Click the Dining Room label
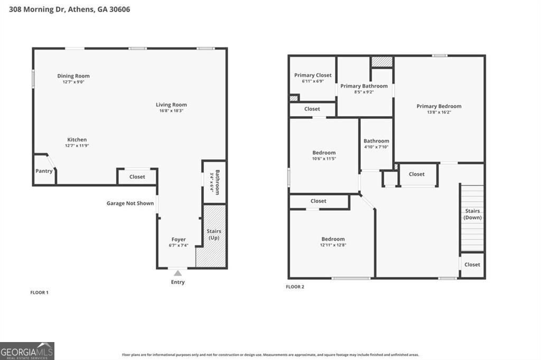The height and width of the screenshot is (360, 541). [x=73, y=76]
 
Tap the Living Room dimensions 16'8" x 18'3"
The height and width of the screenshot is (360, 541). [x=171, y=111]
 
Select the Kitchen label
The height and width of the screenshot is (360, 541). [x=77, y=140]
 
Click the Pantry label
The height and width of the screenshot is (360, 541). [x=44, y=171]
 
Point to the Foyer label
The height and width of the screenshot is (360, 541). [x=179, y=239]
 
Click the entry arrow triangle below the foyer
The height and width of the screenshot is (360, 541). [x=178, y=273]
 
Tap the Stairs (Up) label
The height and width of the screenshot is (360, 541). [x=214, y=234]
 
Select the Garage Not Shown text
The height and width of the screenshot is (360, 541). [x=130, y=203]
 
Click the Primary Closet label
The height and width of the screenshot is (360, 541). [x=313, y=75]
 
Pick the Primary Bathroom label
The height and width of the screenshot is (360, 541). [x=364, y=86]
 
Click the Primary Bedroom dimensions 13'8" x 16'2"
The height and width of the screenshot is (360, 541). [x=439, y=112]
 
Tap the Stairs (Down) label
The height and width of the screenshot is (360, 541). [x=473, y=214]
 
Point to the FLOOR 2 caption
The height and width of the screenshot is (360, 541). [x=295, y=287]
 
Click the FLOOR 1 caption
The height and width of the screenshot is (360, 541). [x=39, y=292]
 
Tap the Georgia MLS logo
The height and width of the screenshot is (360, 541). [x=27, y=351]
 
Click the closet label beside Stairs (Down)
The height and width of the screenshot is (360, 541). [x=472, y=264]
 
